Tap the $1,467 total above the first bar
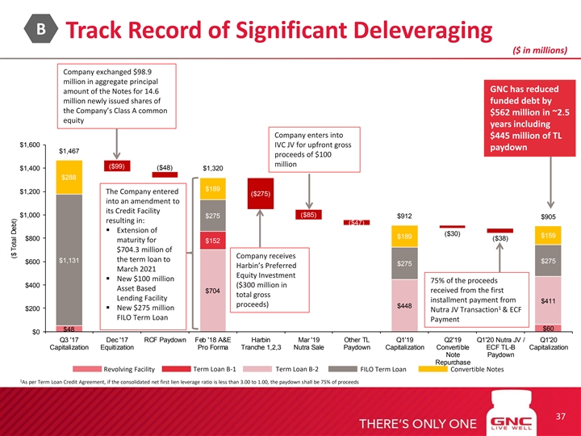click(x=69, y=151)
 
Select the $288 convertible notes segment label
click(x=69, y=177)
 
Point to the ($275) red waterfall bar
click(x=261, y=195)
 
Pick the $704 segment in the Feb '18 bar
click(x=214, y=290)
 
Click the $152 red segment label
click(x=214, y=241)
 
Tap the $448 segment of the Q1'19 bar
click(x=404, y=306)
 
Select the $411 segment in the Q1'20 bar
click(x=548, y=300)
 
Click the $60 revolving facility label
click(x=548, y=328)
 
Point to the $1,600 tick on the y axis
click(x=30, y=145)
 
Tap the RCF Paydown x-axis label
click(x=165, y=339)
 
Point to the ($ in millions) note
click(x=541, y=50)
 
